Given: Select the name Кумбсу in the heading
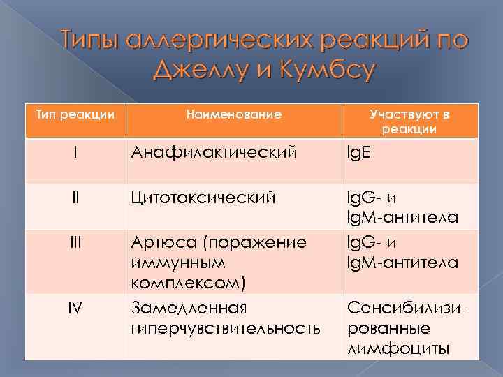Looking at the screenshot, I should point(324,71).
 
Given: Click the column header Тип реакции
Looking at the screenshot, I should point(75,114).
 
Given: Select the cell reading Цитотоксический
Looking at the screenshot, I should point(205,198).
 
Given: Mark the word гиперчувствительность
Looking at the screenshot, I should point(226,327).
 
